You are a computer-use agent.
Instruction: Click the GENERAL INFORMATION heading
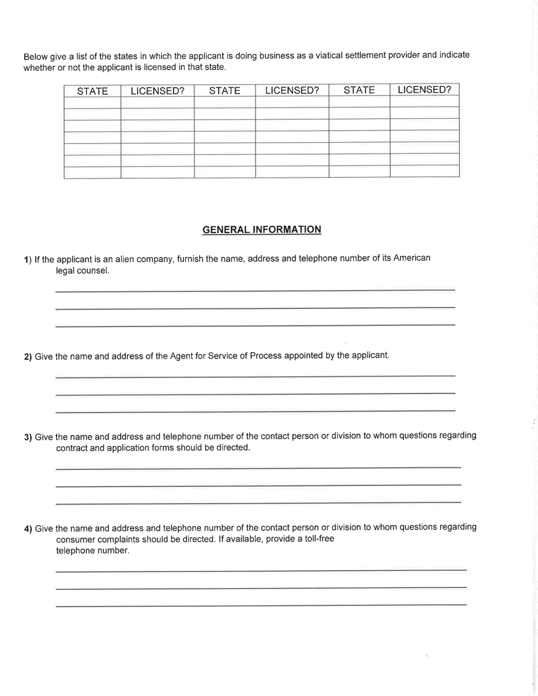tap(262, 229)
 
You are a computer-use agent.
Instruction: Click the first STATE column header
tap(92, 91)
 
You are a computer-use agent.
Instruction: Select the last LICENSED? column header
tap(424, 89)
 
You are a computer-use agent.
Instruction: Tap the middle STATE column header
tap(225, 90)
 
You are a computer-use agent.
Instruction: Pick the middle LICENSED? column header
tap(292, 90)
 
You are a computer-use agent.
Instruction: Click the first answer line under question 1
tap(255, 290)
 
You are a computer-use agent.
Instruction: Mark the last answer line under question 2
tap(255, 410)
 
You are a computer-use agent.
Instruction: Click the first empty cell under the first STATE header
tap(92, 102)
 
